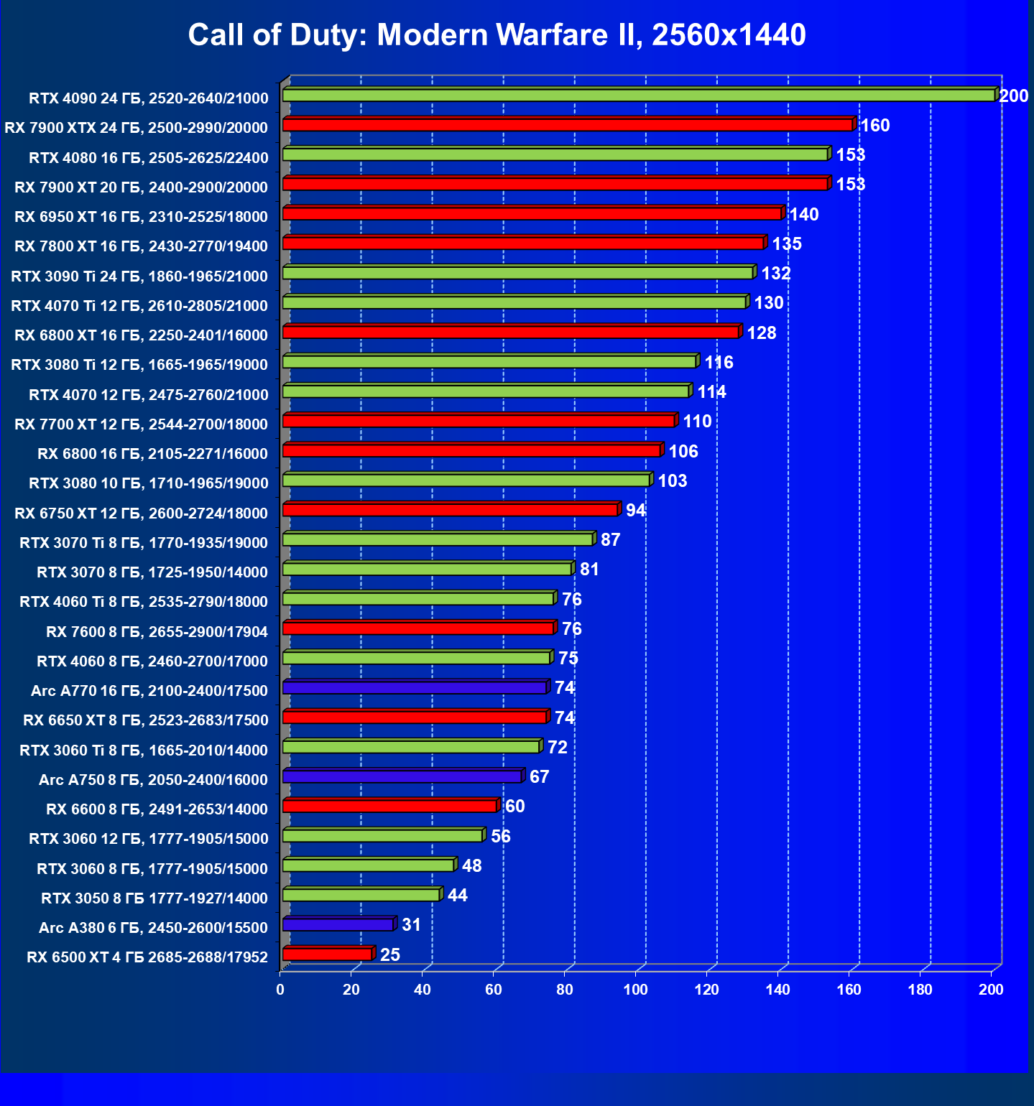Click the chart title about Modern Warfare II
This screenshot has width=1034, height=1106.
coord(497,34)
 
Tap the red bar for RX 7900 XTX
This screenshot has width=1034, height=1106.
coord(568,125)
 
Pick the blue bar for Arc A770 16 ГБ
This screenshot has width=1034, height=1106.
coord(415,688)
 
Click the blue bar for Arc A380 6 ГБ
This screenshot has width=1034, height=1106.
coord(338,925)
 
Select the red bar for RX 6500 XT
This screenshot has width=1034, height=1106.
coord(328,954)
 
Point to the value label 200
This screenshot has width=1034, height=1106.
coord(1013,96)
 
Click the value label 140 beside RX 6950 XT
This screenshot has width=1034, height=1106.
coord(803,215)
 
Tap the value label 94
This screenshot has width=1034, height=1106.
coord(635,511)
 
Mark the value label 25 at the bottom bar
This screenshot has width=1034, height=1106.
coord(389,954)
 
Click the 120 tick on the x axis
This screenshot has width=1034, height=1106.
coord(706,990)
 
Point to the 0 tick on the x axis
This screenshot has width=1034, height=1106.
coord(280,990)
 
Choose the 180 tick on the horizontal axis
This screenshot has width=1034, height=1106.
coord(920,990)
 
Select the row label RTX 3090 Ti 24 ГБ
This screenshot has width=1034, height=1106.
coord(139,276)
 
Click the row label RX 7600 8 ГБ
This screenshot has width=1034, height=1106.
coord(157,632)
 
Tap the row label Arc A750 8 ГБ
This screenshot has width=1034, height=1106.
coord(153,780)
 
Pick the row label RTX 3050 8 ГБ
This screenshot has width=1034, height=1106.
coord(154,898)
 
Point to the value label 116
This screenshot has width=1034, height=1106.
coord(719,363)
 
